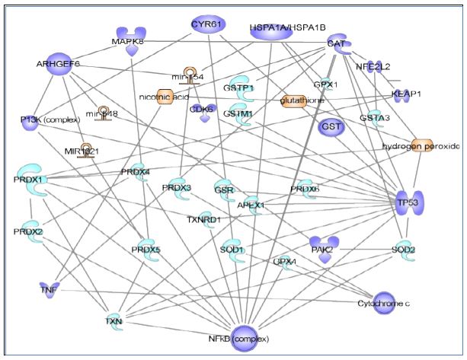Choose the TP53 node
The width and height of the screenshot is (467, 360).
409,202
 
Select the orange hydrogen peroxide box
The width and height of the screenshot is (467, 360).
421,145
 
